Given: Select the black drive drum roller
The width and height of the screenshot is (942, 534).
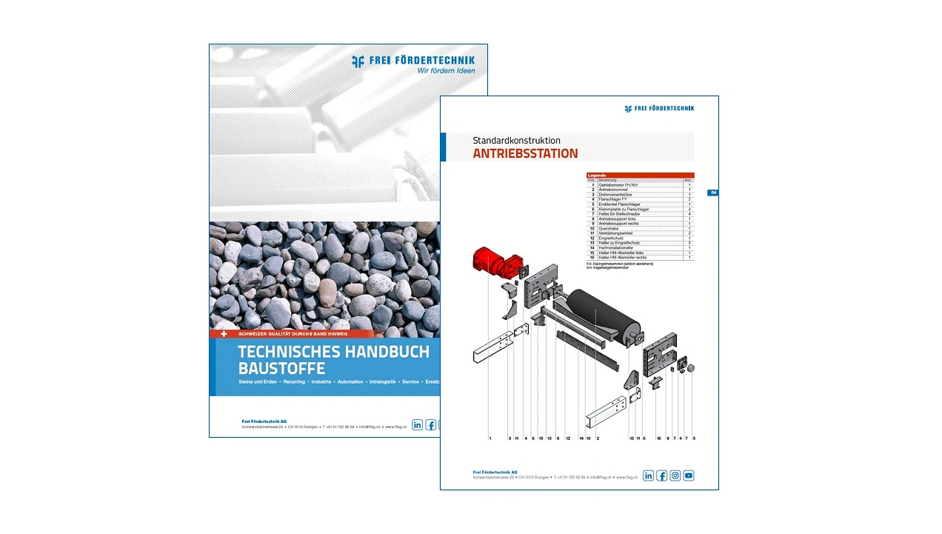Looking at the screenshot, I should tap(604, 316).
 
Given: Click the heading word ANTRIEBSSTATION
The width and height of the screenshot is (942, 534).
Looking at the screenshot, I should tap(525, 154).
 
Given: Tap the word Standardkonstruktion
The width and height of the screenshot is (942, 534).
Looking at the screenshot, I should tap(516, 140).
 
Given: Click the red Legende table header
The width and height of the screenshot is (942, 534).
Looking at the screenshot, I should tap(640, 176).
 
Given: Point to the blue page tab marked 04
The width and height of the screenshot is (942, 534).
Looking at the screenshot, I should tap(712, 193).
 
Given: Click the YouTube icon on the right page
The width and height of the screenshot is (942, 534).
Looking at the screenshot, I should tap(689, 475).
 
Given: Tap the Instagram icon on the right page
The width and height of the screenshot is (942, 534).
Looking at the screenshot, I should tap(675, 475).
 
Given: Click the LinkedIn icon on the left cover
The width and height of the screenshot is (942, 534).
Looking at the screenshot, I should tap(418, 424).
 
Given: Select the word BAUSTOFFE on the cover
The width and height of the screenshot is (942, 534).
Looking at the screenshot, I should tap(281, 369).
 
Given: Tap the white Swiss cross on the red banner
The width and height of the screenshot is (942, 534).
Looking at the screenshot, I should tap(224, 334).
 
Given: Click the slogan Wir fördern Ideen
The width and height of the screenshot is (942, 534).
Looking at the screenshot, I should tap(446, 71).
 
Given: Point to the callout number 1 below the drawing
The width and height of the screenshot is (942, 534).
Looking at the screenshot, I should tap(490, 438).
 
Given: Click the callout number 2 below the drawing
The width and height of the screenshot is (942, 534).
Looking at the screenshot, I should tap(598, 438).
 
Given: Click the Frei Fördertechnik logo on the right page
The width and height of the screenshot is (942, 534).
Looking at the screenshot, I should tap(659, 108).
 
